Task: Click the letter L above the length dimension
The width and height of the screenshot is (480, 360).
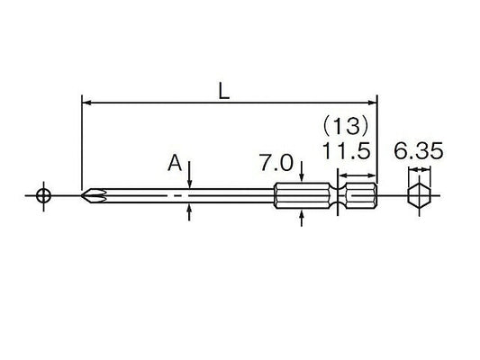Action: pyautogui.click(x=224, y=92)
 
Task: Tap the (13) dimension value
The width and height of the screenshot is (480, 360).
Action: pyautogui.click(x=345, y=126)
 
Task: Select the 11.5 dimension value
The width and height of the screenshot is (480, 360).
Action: pyautogui.click(x=346, y=151)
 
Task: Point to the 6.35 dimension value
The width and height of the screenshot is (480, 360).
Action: pyautogui.click(x=418, y=151)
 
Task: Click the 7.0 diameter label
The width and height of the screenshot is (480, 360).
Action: pyautogui.click(x=276, y=162)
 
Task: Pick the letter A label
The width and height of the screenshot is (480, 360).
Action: pyautogui.click(x=175, y=163)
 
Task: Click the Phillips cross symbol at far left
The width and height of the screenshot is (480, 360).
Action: pyautogui.click(x=43, y=196)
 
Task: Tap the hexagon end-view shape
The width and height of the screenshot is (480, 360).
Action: pyautogui.click(x=419, y=196)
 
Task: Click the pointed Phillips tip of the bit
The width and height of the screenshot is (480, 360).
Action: pyautogui.click(x=83, y=195)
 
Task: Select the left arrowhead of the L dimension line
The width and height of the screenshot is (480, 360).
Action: pyautogui.click(x=87, y=103)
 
